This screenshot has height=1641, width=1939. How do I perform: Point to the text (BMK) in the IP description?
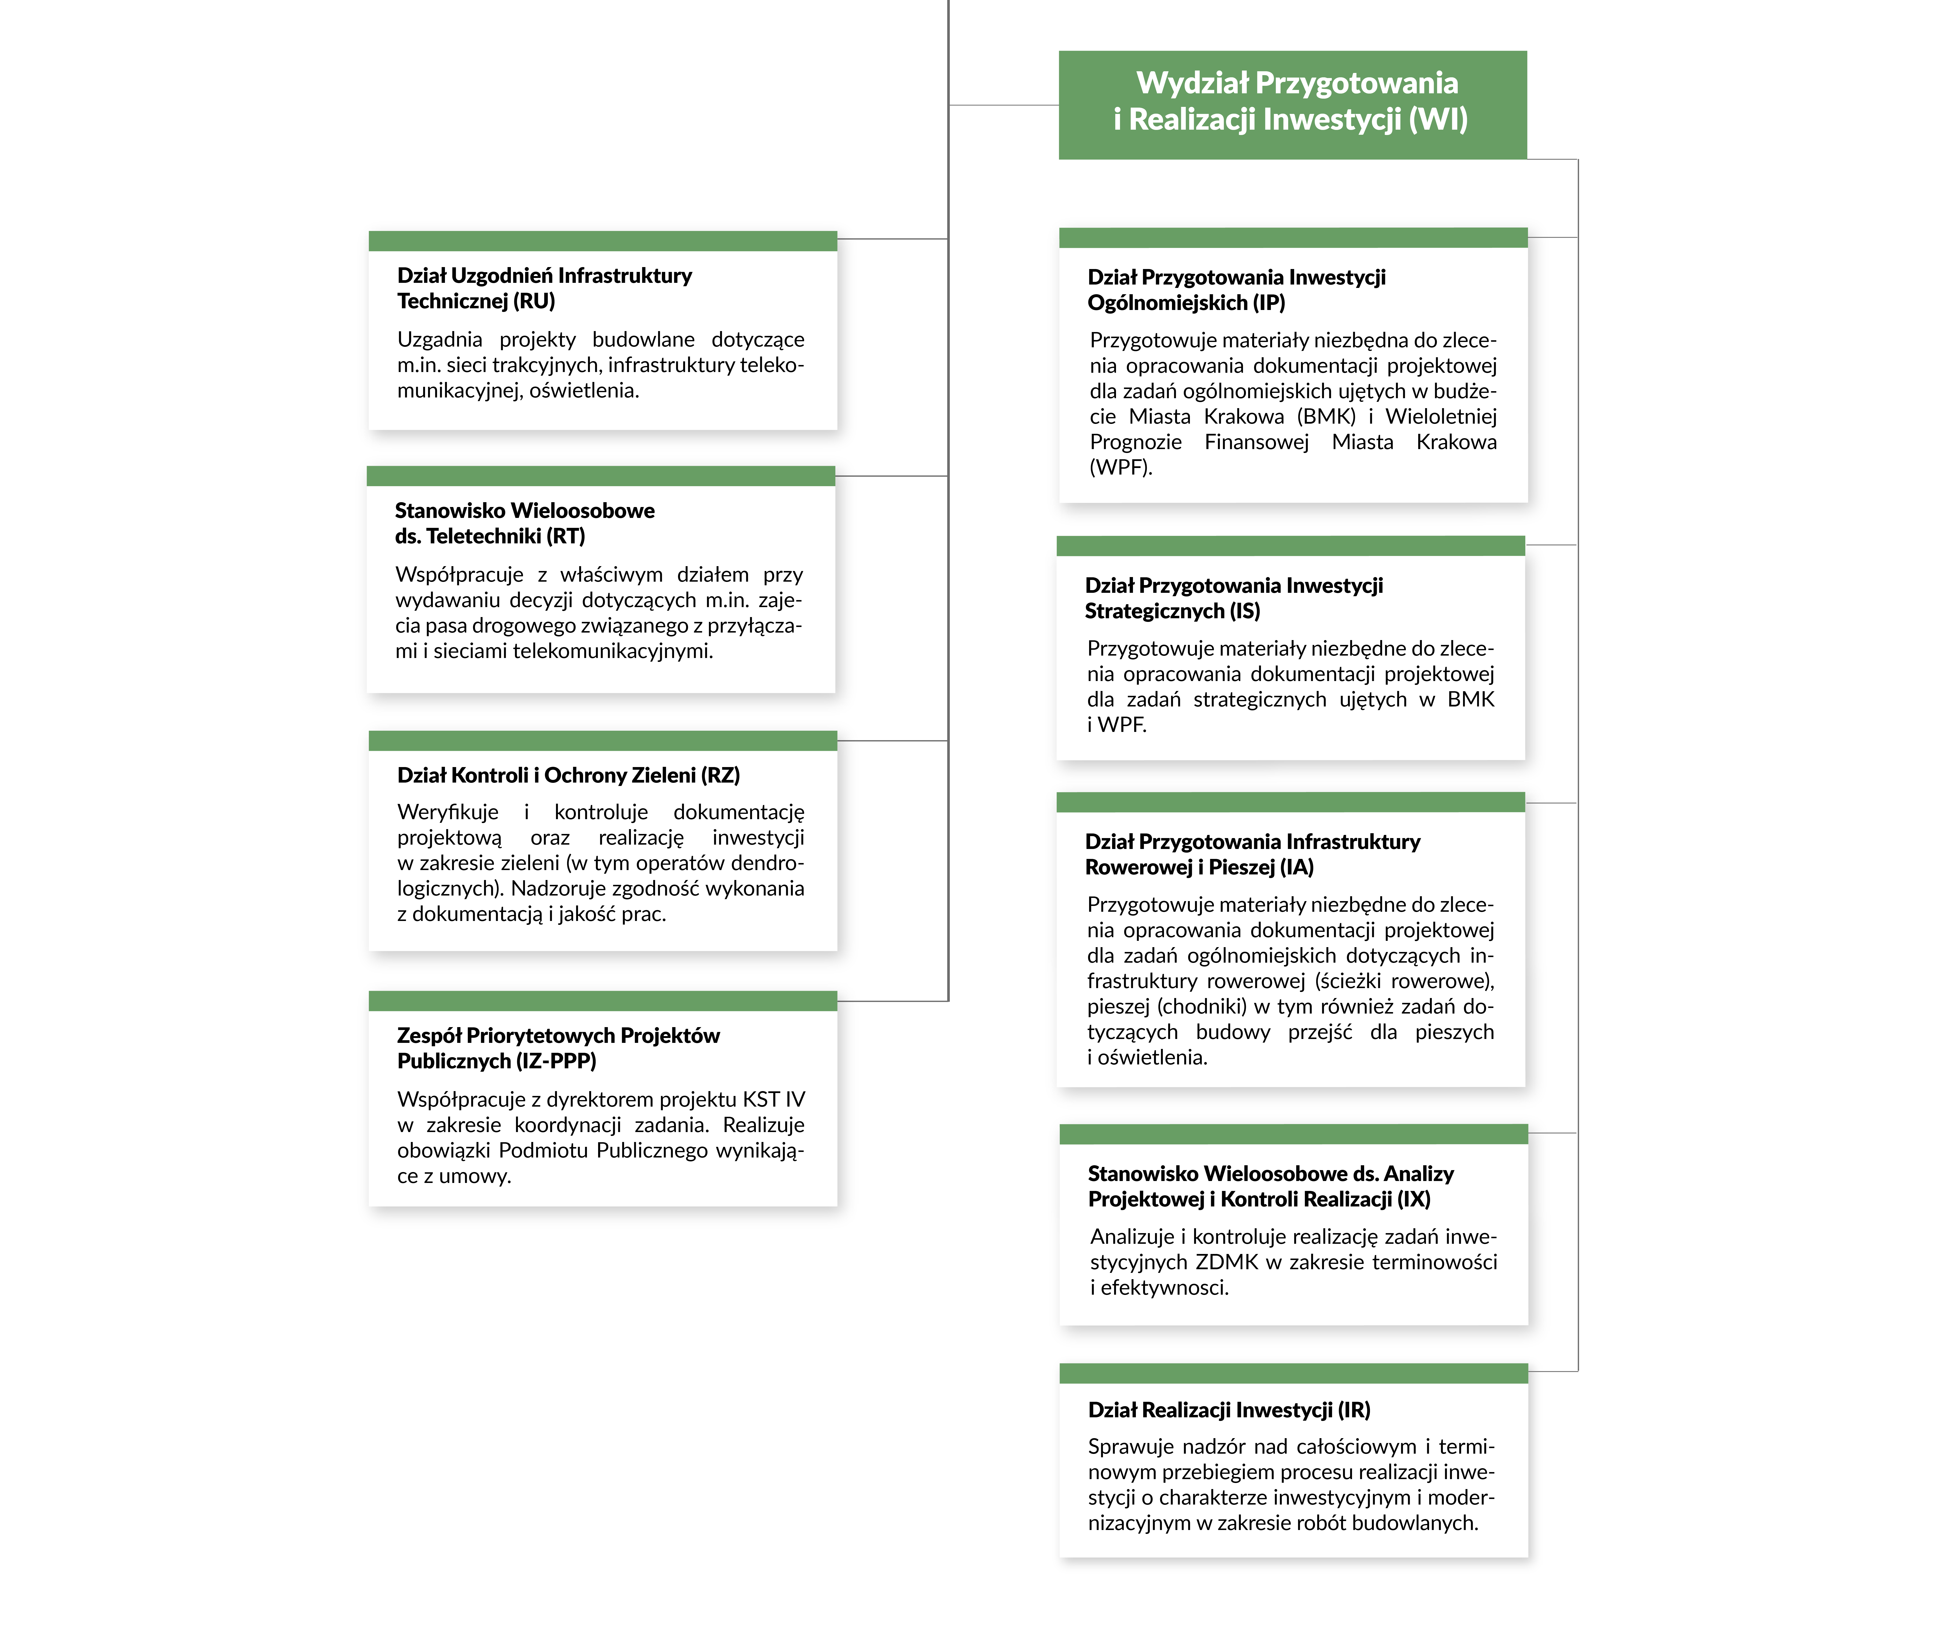click(x=1326, y=417)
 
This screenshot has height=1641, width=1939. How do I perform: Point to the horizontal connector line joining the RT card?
click(x=892, y=476)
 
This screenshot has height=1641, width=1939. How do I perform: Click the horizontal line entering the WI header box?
click(x=1004, y=105)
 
